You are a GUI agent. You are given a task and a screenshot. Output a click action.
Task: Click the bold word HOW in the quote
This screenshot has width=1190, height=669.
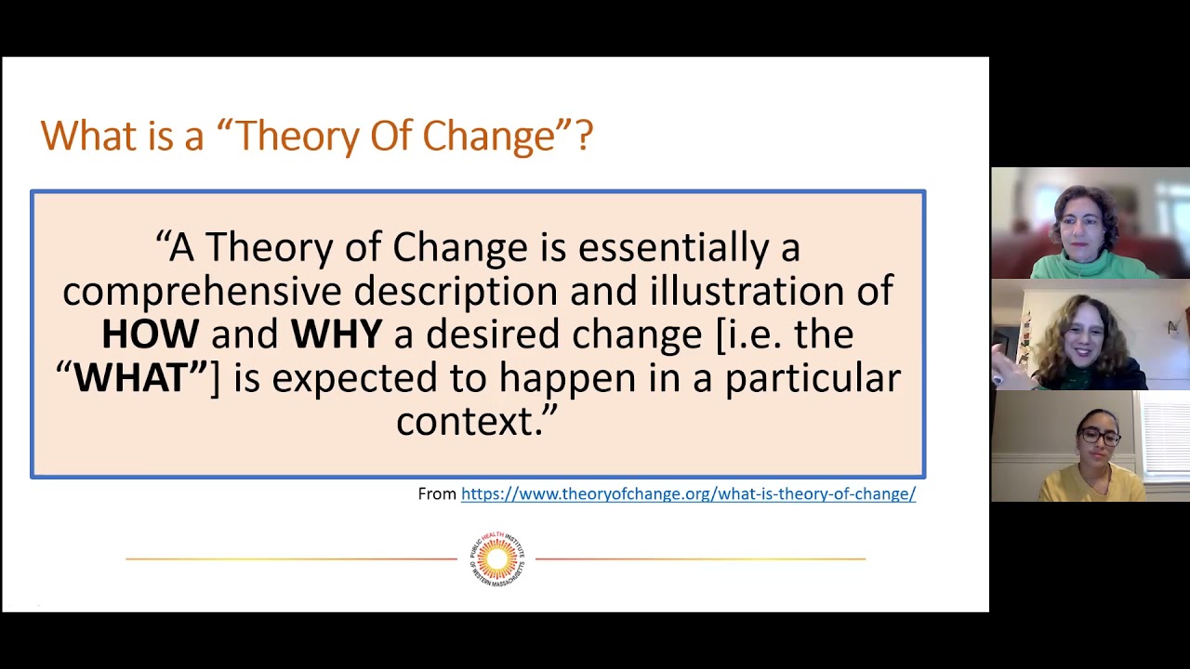[x=150, y=334]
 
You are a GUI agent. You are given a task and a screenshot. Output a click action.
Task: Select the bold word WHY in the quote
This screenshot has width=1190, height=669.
[x=337, y=334]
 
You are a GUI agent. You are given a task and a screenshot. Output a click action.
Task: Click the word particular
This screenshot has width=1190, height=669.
[x=813, y=378]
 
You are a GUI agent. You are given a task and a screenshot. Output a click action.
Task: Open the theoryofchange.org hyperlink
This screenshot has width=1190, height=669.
[x=688, y=494]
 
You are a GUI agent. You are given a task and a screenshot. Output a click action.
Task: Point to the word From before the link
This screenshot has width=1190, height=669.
[x=437, y=494]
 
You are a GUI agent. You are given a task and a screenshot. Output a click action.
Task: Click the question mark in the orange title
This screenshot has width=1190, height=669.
[x=584, y=136]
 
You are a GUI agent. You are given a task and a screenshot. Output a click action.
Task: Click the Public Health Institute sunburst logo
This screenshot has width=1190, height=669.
[x=496, y=558]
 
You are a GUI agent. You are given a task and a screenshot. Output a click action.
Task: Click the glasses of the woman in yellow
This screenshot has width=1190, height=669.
[x=1099, y=437]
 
